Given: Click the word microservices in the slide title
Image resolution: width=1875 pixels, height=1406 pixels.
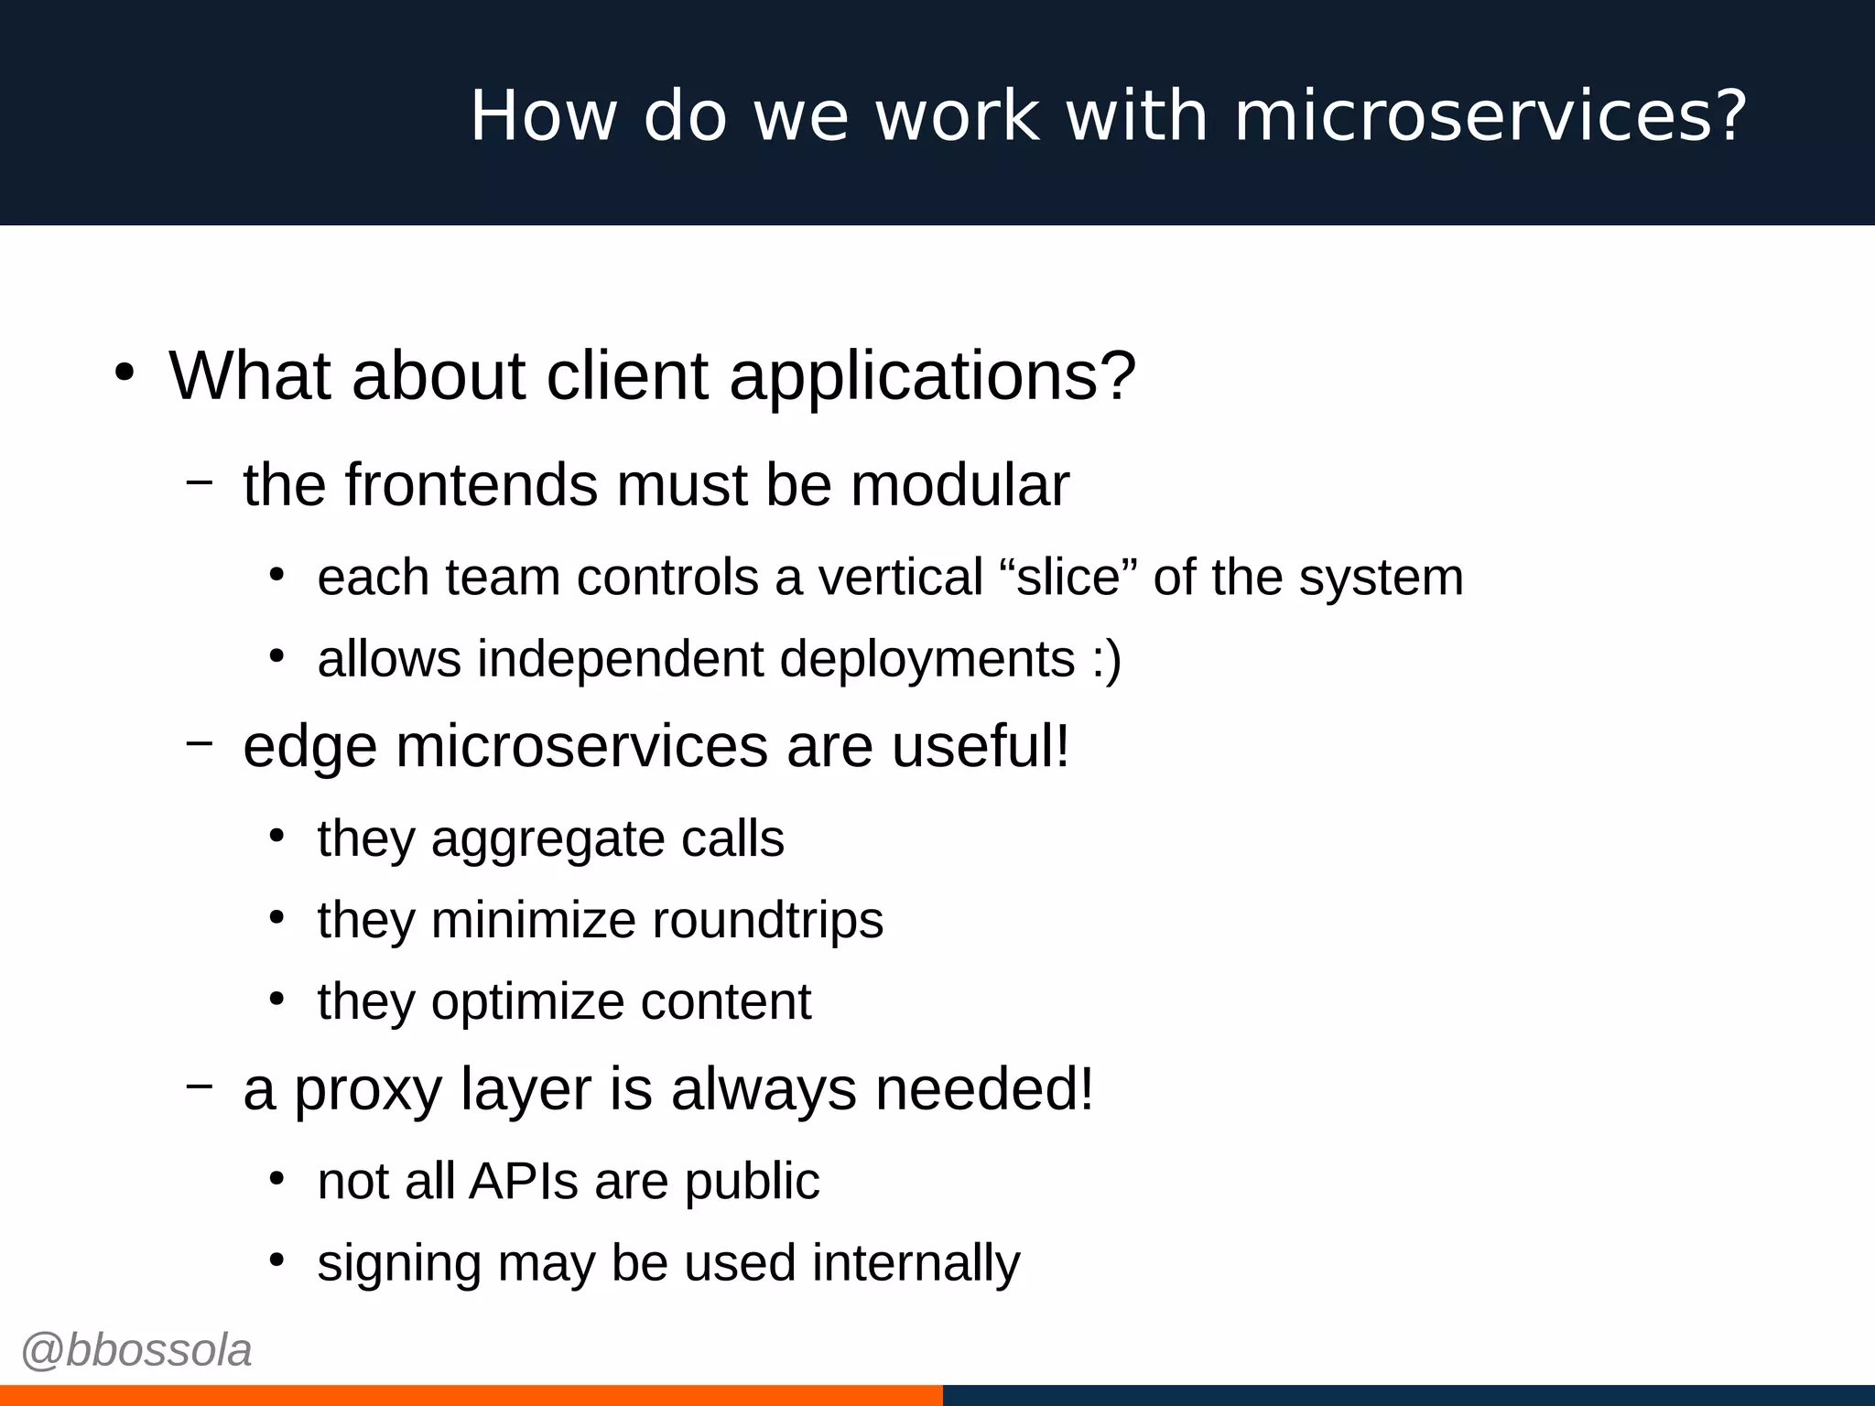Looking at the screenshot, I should pos(1474,116).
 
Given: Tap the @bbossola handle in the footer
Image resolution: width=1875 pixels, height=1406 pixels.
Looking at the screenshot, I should pos(136,1350).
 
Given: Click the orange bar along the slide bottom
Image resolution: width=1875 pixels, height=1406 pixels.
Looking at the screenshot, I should pos(471,1395).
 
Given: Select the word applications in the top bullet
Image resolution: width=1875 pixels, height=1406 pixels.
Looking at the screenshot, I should pos(932,376).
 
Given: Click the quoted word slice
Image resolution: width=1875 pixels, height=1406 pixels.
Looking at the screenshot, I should pos(1068,578).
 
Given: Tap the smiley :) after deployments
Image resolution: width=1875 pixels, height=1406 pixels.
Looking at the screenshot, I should pos(1106,659).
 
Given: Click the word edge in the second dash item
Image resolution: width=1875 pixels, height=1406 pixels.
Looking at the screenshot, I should pos(309,747).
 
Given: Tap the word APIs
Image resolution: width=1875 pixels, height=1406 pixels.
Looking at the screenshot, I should pos(524,1181).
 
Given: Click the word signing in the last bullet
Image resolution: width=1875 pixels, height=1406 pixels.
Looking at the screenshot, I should pos(399,1263).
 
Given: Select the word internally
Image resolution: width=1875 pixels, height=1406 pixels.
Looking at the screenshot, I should pos(916,1263).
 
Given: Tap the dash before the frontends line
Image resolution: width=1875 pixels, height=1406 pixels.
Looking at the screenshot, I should pos(199,481).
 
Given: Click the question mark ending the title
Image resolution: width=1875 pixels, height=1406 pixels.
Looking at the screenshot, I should pos(1731,116).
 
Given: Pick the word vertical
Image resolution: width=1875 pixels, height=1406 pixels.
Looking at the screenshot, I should pos(900,578).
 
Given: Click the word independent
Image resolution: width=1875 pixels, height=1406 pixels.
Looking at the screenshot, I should pos(620,659).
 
